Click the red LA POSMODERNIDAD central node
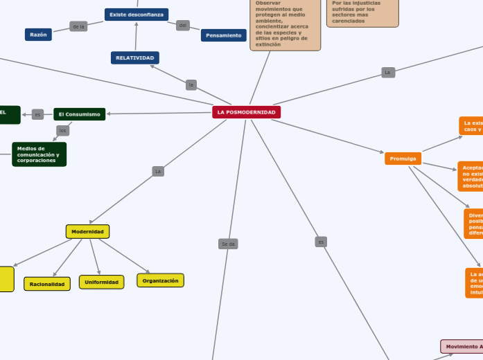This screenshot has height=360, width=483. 246,112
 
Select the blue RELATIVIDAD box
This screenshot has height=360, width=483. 135,57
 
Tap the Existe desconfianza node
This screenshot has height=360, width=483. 137,15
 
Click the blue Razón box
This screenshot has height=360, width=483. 37,35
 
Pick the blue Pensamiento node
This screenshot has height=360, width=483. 224,35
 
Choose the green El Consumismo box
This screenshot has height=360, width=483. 80,114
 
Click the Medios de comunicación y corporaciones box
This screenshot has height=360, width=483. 39,154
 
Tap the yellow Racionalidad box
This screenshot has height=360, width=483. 47,284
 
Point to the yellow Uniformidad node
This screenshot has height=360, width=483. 101,282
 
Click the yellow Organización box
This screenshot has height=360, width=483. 160,280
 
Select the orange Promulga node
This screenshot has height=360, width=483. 403,159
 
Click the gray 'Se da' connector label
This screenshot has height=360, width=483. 228,244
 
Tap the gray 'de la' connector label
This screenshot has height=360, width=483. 78,27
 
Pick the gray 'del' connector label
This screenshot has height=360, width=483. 183,26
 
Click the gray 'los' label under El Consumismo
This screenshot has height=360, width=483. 63,130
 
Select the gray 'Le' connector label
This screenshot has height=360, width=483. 388,72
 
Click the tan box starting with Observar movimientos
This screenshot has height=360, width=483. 286,25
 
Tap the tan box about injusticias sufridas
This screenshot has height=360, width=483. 362,13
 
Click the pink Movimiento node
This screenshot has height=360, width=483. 462,346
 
